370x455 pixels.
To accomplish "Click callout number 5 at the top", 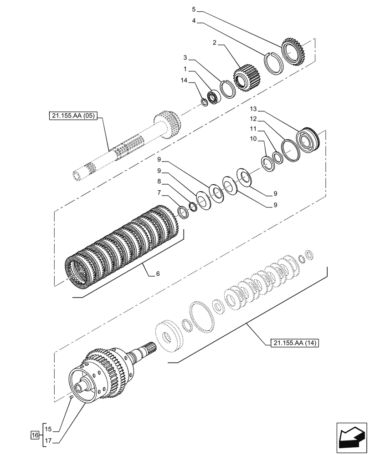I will point(194,9).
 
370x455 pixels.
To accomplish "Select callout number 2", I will point(215,44).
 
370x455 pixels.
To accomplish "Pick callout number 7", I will point(159,193).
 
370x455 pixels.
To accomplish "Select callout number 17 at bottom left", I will point(49,440).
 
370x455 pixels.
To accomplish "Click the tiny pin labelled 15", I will point(72,398).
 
